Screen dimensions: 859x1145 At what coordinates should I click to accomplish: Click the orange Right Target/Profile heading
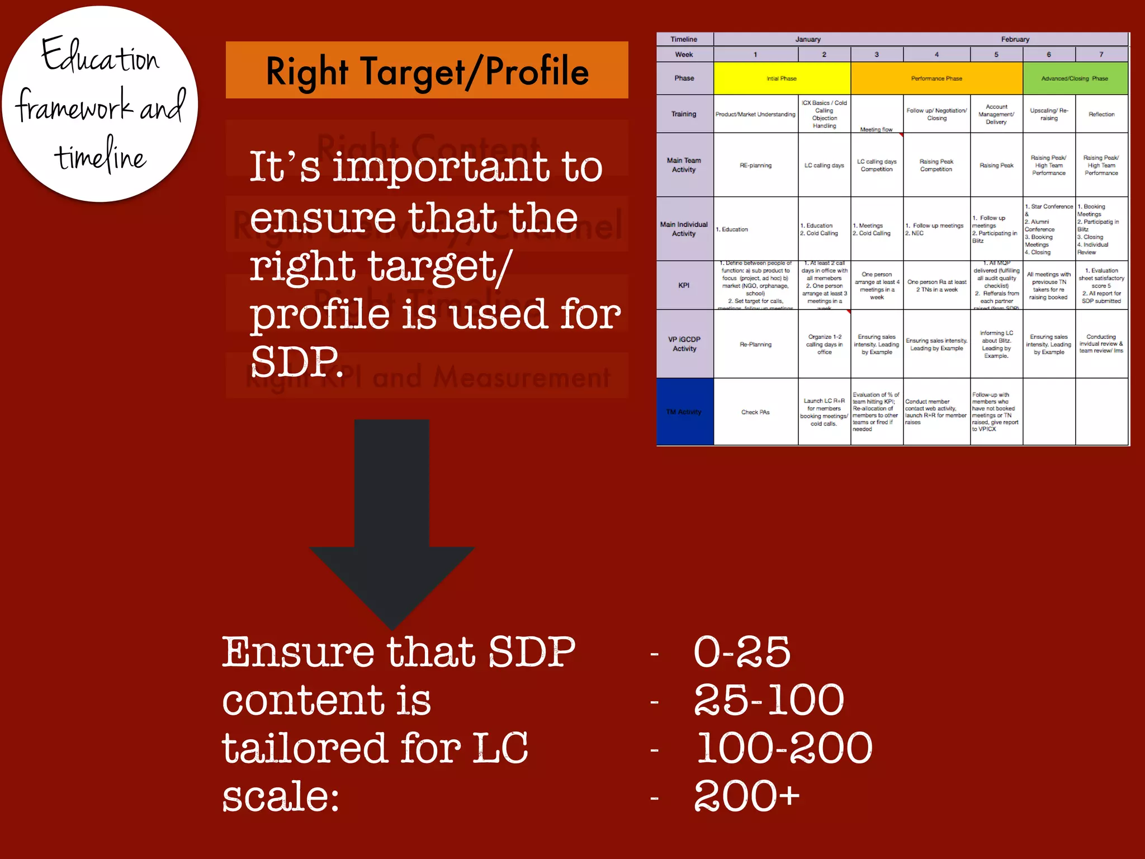tap(427, 70)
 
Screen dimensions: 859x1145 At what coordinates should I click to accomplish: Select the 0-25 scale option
tap(741, 652)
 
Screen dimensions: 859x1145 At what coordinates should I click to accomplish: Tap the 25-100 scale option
tap(768, 700)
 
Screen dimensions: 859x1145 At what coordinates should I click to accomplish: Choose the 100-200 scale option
tap(784, 748)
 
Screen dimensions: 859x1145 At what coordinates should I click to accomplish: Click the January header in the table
tap(808, 39)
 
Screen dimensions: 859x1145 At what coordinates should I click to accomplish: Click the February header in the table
tap(1015, 39)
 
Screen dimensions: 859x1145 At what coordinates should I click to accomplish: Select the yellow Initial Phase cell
tap(782, 78)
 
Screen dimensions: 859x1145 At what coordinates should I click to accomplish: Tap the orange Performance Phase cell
tap(936, 78)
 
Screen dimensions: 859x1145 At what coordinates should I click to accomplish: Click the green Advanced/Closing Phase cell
tap(1075, 78)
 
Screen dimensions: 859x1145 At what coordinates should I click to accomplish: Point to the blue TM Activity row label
tap(684, 412)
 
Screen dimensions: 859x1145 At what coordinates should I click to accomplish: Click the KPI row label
tap(684, 285)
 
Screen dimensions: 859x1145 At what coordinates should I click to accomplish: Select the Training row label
tap(684, 114)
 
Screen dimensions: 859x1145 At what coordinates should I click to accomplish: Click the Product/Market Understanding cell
tap(755, 114)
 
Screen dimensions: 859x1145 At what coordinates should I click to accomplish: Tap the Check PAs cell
tap(755, 412)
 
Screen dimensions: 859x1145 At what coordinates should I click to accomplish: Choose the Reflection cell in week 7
tap(1101, 114)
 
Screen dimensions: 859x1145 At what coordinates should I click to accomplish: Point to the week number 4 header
tap(936, 55)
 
